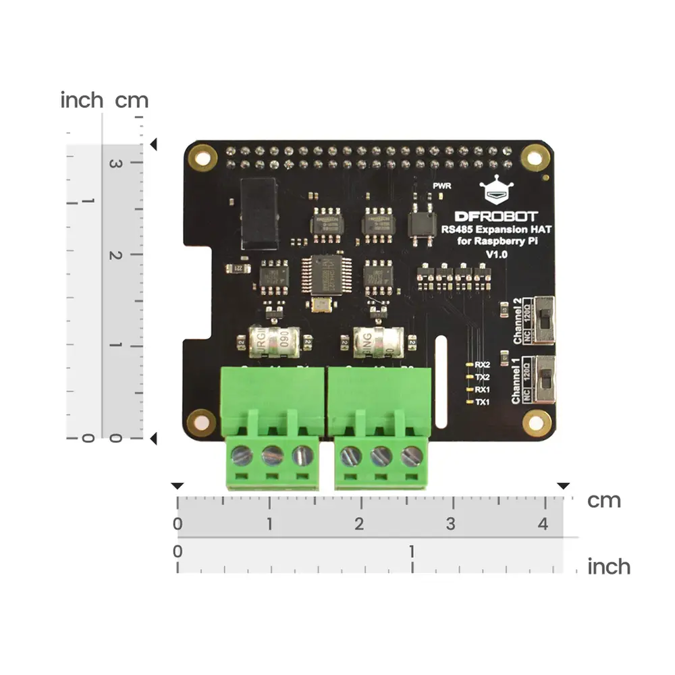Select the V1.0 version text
point(497,254)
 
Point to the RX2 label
point(482,364)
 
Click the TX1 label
point(482,402)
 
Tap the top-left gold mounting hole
point(200,157)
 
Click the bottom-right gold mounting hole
point(537,423)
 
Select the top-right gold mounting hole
point(535,157)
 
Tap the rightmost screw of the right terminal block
point(411,456)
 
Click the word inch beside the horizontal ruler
point(608,566)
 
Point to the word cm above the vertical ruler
point(131,101)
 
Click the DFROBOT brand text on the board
point(496,217)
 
